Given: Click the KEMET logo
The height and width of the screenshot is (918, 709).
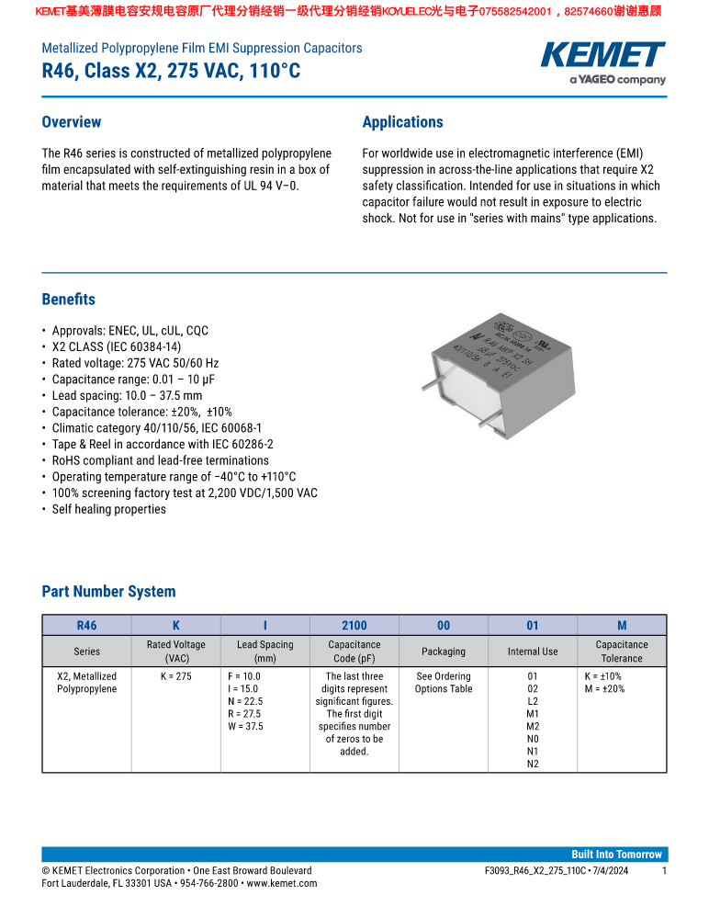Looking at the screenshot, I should coord(603,57).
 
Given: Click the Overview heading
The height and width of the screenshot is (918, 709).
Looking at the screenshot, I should coord(72,122).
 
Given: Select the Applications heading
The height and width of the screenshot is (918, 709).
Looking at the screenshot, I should coord(402,122).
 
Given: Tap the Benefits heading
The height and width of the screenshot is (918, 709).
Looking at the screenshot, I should coord(69,300).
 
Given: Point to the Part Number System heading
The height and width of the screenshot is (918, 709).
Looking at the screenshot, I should coord(108,592).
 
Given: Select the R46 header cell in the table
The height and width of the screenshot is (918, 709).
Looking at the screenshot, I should coord(86,626).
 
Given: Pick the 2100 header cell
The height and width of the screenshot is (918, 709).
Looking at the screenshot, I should coord(354,626).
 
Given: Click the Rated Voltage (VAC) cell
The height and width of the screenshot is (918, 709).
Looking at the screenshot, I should coord(176,652).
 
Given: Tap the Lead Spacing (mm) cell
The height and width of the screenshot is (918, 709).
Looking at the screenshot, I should coord(264,652).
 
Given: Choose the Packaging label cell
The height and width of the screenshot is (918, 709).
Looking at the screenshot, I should coord(444,652).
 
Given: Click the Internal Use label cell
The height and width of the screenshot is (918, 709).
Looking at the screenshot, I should coord(533,652).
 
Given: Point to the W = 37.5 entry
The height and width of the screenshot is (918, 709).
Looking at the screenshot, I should coord(245,726).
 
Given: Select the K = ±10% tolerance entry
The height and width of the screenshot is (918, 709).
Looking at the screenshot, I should coord(603,676).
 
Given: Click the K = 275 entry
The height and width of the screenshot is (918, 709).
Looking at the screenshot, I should coord(176,676).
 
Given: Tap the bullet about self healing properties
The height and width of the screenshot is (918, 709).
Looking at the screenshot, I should coord(108,509).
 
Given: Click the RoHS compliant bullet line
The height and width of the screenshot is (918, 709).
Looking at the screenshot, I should coord(160,460).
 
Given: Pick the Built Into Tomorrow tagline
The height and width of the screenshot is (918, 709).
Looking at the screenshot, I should coord(616,854).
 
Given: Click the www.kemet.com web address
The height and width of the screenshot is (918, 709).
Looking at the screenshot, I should coord(282,883).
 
